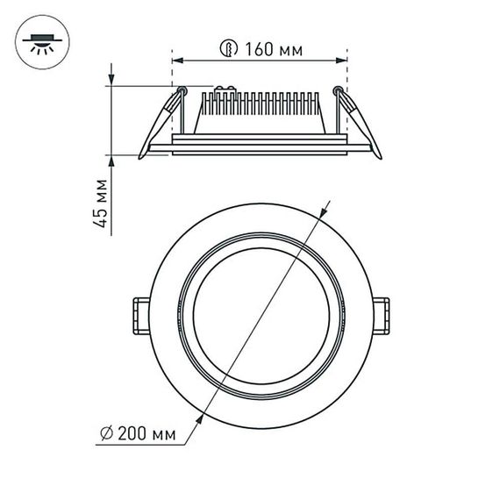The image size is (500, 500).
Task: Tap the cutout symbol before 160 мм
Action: click(231, 50)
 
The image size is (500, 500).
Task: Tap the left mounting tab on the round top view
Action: click(139, 313)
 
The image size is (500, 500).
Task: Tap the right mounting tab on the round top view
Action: click(382, 313)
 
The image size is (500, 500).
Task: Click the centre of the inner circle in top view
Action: click(261, 313)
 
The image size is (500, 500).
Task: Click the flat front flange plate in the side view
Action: click(260, 145)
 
